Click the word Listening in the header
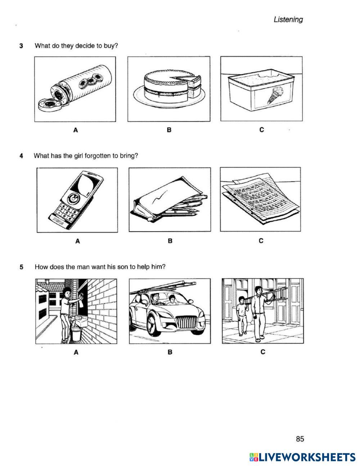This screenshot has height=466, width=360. click(x=288, y=20)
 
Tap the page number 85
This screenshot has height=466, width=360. click(x=300, y=439)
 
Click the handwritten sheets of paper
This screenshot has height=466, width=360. click(x=260, y=198)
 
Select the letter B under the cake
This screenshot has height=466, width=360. click(x=169, y=130)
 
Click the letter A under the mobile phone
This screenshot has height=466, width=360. click(x=77, y=241)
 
